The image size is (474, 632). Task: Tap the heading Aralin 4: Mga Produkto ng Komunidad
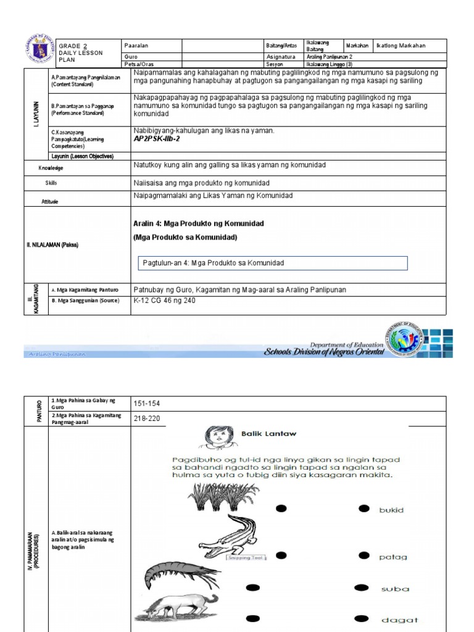pos(199,223)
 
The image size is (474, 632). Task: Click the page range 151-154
pos(147,404)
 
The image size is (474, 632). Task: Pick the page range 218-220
pos(147,418)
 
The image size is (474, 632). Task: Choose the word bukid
pos(391,510)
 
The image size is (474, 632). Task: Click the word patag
pos(393,557)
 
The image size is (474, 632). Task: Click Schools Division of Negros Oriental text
pos(323,352)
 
